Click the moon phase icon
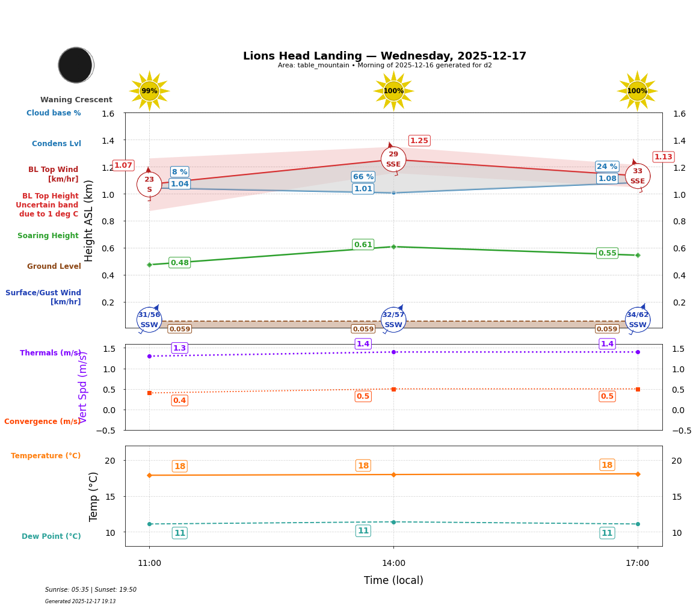[x=76, y=65]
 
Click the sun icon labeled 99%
[x=149, y=91]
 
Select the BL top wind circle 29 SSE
[x=393, y=159]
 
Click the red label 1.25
[x=419, y=141]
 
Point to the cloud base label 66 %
[x=363, y=177]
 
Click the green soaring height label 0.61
[x=363, y=245]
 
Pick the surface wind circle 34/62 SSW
[x=637, y=320]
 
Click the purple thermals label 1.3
[x=179, y=348]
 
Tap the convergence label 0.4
[x=179, y=401]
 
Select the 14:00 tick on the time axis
[x=393, y=563]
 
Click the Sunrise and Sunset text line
[x=91, y=590]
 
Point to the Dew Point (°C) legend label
[x=51, y=536]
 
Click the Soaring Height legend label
[x=48, y=236]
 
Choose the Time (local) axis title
[x=393, y=580]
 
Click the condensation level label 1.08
[x=607, y=179]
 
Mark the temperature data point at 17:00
[x=638, y=474]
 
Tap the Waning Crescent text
[x=76, y=100]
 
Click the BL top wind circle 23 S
[x=149, y=185]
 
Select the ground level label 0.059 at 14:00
[x=363, y=329]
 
